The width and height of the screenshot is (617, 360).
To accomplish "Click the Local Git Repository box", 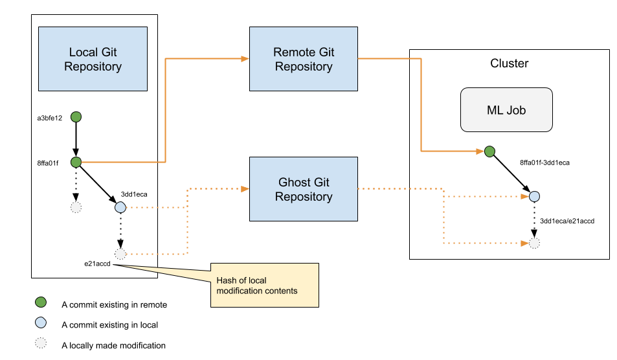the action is tap(93, 59).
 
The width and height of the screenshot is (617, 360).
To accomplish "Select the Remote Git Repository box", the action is tap(304, 59).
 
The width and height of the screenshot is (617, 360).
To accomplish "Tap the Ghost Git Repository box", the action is tap(304, 189).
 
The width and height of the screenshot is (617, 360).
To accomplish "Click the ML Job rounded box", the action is tap(506, 110).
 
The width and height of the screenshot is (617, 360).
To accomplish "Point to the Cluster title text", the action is tap(509, 63).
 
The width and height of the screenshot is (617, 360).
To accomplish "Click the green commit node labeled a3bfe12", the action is tap(76, 117).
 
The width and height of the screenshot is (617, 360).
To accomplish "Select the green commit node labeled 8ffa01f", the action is tap(76, 162).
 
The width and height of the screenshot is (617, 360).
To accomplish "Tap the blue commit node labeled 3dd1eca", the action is tap(120, 207).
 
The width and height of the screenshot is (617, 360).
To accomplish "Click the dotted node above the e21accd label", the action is tap(120, 254).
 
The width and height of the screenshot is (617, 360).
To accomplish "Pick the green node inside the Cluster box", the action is tap(489, 152).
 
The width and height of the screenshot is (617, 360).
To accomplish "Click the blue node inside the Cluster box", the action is tap(534, 196).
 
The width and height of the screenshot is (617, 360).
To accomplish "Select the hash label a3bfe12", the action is tap(50, 118).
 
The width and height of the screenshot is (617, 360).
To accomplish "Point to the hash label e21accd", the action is tap(97, 264).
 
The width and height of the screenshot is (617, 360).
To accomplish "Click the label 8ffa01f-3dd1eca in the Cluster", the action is tap(544, 163).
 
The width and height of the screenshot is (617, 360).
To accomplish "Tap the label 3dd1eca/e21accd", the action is tap(567, 221).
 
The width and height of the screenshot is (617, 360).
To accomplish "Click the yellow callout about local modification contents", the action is tap(264, 286).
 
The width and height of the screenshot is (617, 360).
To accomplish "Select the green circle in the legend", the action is tap(41, 302).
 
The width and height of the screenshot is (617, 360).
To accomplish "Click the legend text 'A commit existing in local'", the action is tap(110, 325).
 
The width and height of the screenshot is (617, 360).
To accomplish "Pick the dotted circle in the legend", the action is tap(41, 343).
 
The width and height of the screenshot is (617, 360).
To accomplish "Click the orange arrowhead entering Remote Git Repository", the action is tap(245, 59).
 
